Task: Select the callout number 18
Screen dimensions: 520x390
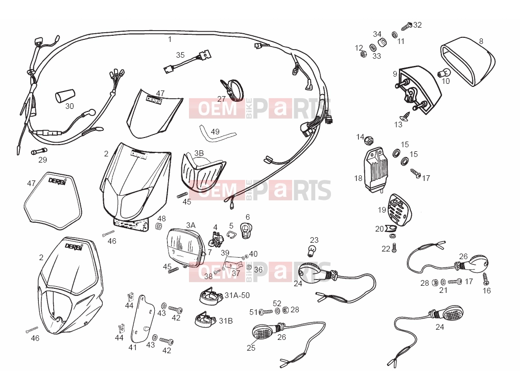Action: point(358,178)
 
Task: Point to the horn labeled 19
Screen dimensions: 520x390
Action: point(399,210)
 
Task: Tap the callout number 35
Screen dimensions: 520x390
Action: point(180,55)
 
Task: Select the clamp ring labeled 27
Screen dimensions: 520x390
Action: point(231,88)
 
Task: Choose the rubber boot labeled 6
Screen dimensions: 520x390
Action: point(246,231)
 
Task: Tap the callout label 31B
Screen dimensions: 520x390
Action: point(225,320)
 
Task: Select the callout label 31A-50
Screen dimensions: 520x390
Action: point(237,295)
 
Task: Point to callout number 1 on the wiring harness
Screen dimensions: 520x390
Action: point(170,39)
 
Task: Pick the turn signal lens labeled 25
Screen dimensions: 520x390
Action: point(262,331)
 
